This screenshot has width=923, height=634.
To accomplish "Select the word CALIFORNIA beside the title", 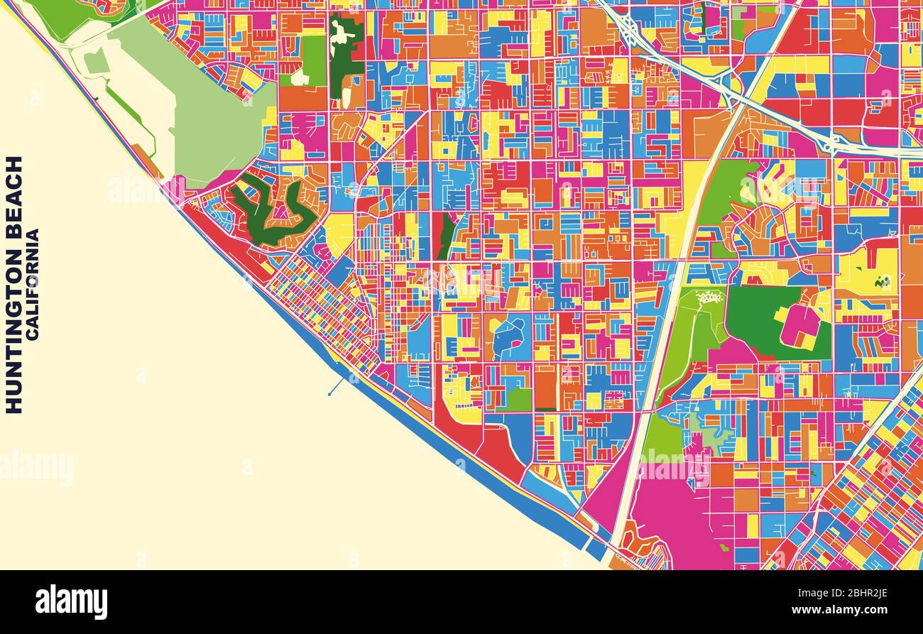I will (x=33, y=283).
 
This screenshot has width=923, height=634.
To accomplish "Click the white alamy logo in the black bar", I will (x=71, y=602).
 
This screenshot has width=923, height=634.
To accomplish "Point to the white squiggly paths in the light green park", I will (x=709, y=297).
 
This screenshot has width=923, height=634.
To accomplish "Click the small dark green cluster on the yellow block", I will (x=883, y=282).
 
